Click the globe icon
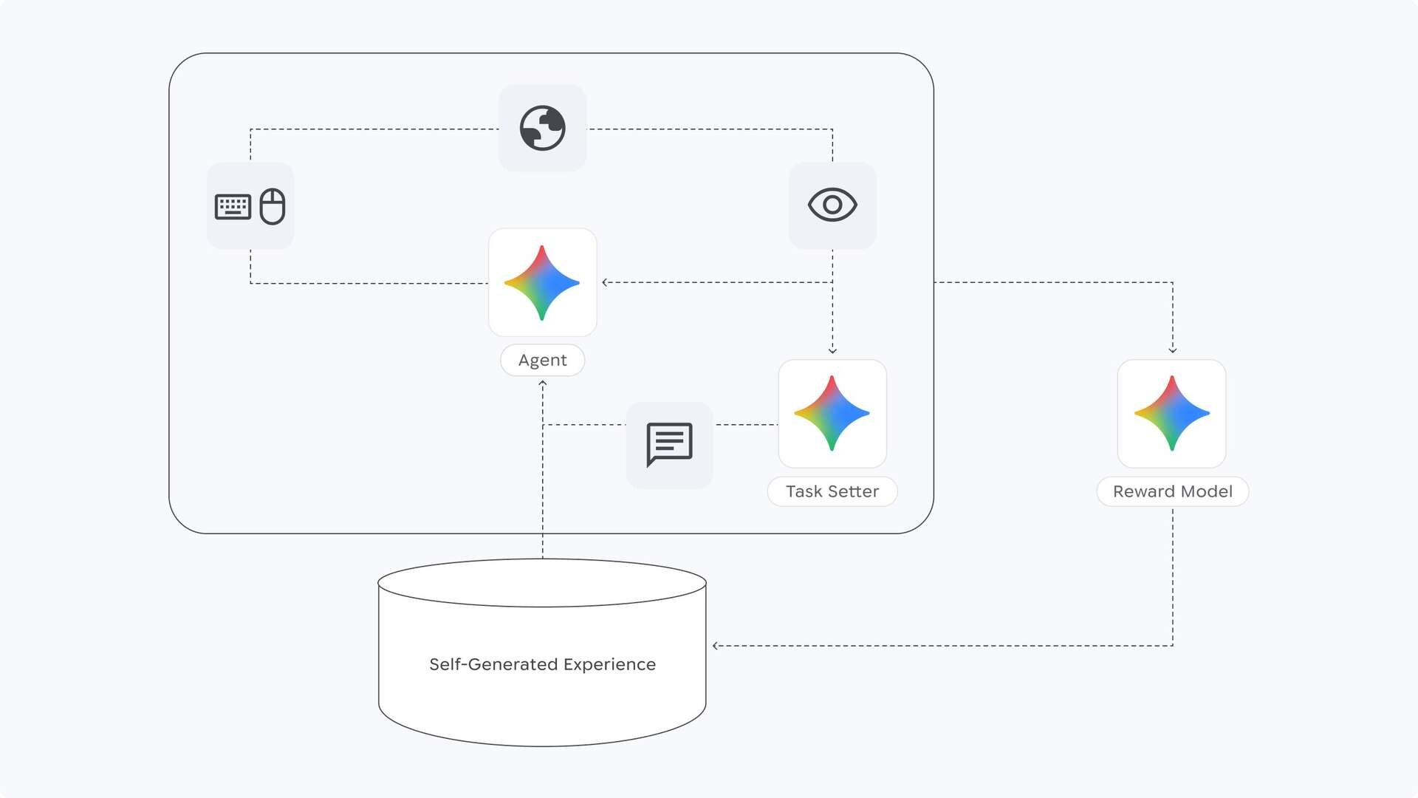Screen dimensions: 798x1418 tap(542, 128)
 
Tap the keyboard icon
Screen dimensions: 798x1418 tap(233, 206)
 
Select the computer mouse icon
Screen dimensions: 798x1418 tap(273, 206)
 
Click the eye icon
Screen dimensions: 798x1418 tap(832, 205)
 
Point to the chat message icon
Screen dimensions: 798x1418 tap(669, 444)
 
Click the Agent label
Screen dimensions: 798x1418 tap(542, 360)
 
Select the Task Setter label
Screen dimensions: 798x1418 tap(832, 491)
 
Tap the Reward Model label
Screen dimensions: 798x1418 tap(1172, 491)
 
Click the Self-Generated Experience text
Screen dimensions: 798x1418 tap(542, 664)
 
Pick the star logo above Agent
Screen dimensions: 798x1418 tap(542, 282)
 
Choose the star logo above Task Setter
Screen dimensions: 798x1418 tap(832, 413)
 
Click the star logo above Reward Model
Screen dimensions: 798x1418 tap(1172, 413)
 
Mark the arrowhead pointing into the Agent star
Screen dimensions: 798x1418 tap(605, 282)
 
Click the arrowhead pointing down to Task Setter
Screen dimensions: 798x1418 tap(832, 351)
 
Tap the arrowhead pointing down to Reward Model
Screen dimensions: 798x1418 tap(1172, 350)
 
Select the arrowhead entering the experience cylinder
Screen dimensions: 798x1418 tap(715, 646)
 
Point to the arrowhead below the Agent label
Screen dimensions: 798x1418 tap(543, 383)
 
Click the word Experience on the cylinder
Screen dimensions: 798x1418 tap(609, 664)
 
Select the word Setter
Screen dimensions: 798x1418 tap(854, 491)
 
